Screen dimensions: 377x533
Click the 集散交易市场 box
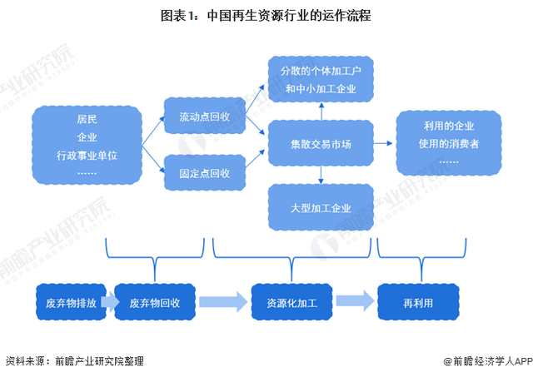[321, 144]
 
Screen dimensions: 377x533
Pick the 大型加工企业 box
[321, 207]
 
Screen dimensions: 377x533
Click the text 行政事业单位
[87, 155]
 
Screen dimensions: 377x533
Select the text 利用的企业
[448, 126]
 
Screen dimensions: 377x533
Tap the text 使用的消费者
[448, 144]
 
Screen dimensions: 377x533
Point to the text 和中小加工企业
[321, 87]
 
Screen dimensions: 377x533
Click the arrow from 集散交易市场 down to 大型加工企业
[321, 173]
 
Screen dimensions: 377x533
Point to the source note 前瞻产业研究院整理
[99, 361]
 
